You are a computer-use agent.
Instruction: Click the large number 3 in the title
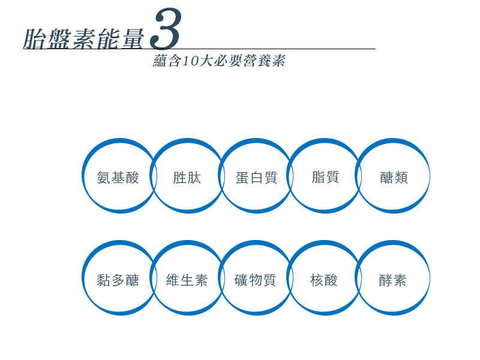tap(166, 29)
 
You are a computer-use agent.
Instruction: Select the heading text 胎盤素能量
tap(83, 39)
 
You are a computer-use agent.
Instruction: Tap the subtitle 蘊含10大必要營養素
tap(219, 61)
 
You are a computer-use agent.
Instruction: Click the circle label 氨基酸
tap(118, 178)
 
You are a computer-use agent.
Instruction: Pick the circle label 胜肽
tap(187, 178)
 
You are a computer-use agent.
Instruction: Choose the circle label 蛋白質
tap(257, 178)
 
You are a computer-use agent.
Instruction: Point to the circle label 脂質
tap(325, 177)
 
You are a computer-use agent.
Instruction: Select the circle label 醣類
tap(394, 178)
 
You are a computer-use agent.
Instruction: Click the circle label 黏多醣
tap(118, 280)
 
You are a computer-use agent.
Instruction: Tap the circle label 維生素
tap(187, 280)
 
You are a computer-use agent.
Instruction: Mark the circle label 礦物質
tap(256, 280)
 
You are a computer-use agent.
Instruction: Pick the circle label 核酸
tap(324, 280)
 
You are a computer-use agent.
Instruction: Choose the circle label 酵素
tap(392, 280)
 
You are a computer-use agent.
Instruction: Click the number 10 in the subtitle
tap(190, 61)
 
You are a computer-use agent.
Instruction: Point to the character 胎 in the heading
tap(34, 39)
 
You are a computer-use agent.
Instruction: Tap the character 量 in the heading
tap(133, 39)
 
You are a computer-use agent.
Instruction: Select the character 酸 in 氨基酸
tap(132, 178)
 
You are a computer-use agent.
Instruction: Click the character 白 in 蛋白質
tap(257, 178)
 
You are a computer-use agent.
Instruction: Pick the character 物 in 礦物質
tap(256, 280)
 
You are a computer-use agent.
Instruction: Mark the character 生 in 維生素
tap(187, 280)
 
